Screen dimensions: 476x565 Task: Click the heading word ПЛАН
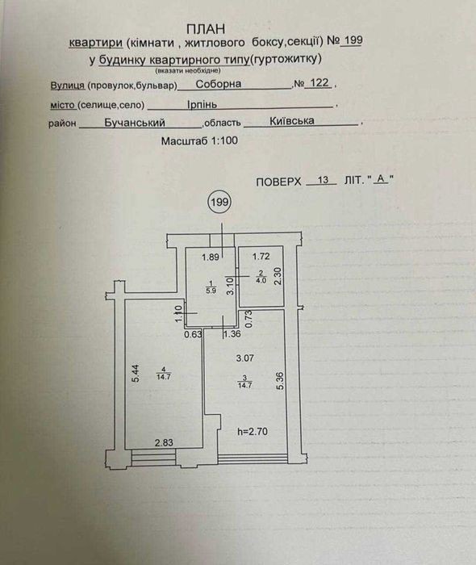pyautogui.click(x=206, y=28)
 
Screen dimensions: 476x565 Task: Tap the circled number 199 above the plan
pyautogui.click(x=219, y=202)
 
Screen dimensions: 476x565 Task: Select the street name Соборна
pyautogui.click(x=219, y=84)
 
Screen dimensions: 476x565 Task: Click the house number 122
pyautogui.click(x=319, y=83)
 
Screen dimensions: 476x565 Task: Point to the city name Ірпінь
pyautogui.click(x=202, y=104)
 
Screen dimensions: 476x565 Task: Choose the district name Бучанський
pyautogui.click(x=135, y=123)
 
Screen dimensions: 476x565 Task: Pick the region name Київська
pyautogui.click(x=291, y=121)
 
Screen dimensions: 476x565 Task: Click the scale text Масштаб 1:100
pyautogui.click(x=199, y=140)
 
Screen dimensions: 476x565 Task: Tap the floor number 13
pyautogui.click(x=323, y=179)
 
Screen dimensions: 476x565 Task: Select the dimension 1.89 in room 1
pyautogui.click(x=211, y=257)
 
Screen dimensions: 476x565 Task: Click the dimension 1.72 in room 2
pyautogui.click(x=261, y=257)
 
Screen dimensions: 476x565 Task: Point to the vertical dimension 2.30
pyautogui.click(x=278, y=276)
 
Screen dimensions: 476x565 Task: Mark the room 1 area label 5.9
pyautogui.click(x=211, y=291)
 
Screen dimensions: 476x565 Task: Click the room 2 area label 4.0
pyautogui.click(x=261, y=280)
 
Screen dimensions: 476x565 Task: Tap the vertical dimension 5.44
pyautogui.click(x=136, y=374)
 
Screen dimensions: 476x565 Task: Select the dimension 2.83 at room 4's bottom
pyautogui.click(x=164, y=443)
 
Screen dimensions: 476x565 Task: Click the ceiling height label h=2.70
pyautogui.click(x=253, y=431)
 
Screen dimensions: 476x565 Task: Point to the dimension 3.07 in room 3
pyautogui.click(x=244, y=358)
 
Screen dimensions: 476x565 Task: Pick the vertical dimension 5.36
pyautogui.click(x=281, y=381)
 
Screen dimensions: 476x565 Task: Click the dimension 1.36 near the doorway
pyautogui.click(x=232, y=334)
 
